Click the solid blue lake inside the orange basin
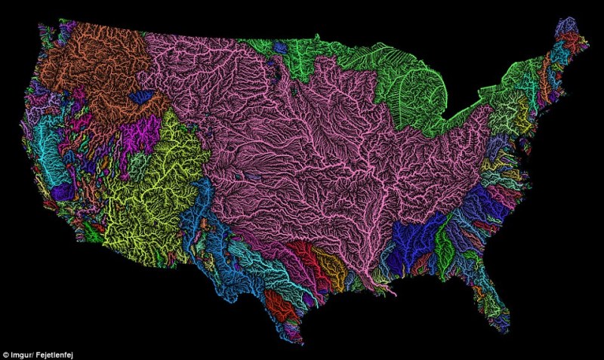(140, 97)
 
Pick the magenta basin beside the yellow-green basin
(140, 134)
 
